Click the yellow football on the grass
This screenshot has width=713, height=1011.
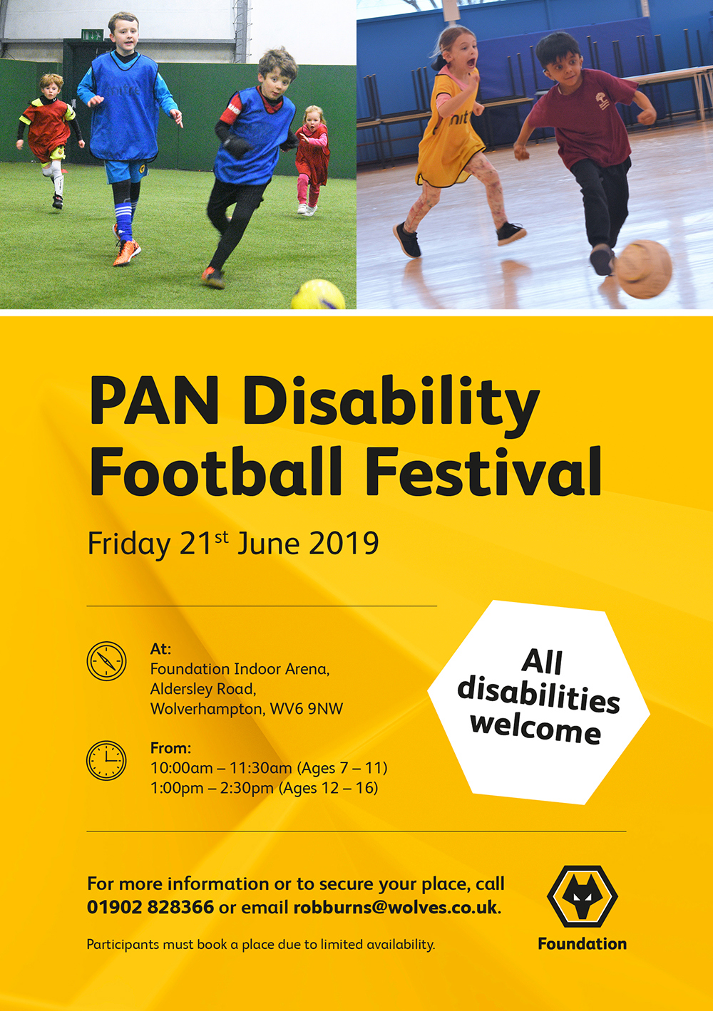318,295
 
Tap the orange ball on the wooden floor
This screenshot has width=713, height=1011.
643,269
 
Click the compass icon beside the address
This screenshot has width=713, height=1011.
106,661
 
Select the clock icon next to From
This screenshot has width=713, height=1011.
106,760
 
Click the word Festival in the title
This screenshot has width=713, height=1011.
483,472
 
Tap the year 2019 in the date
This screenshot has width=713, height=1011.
344,544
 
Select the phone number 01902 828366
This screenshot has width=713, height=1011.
150,907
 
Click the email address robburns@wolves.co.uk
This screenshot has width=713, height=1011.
395,907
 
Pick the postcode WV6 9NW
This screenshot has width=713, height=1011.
307,709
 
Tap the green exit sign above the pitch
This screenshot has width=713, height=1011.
92,35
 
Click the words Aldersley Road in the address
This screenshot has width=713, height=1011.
203,689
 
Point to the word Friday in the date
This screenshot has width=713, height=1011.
128,544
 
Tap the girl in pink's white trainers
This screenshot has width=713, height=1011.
307,209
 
